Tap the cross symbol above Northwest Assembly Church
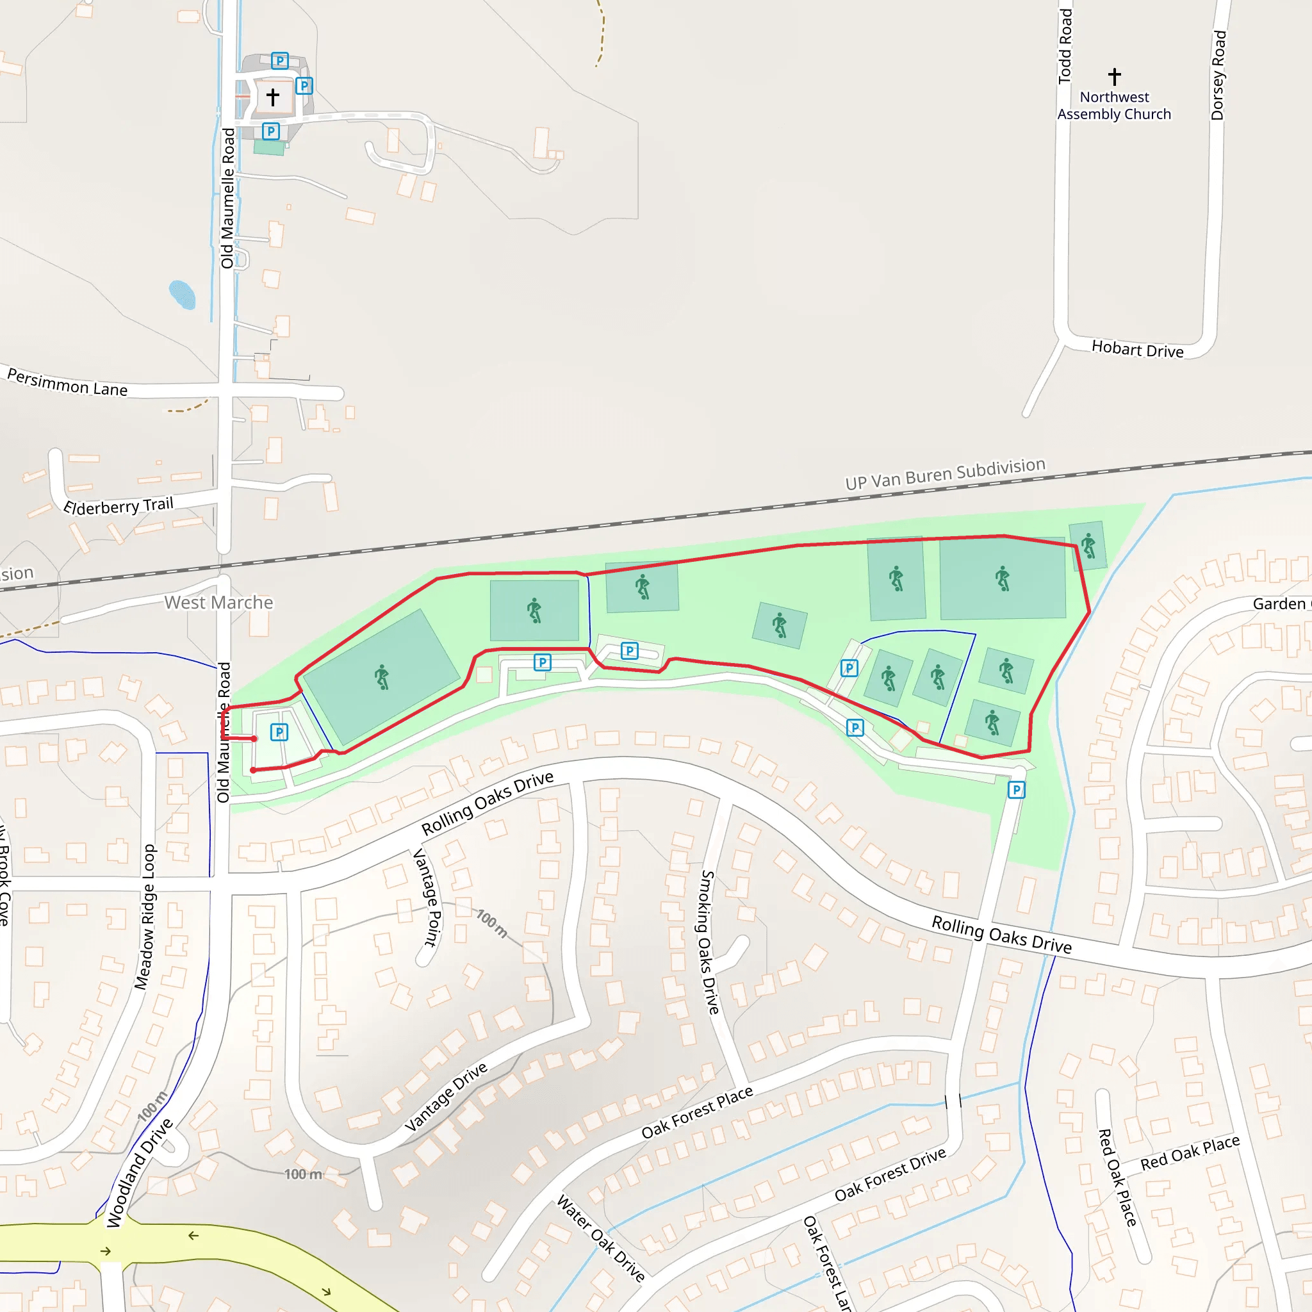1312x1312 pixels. tap(1115, 76)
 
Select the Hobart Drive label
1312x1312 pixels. tap(1137, 349)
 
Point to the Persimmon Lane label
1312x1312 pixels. tap(67, 382)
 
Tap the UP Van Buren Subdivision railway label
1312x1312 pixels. tap(945, 474)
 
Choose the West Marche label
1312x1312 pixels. tap(218, 602)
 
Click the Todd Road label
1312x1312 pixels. tap(1065, 46)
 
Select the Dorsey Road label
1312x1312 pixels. tap(1218, 75)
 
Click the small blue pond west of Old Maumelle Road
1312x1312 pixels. tap(182, 295)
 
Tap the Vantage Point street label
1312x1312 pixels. tap(429, 897)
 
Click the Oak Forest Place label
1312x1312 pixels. tap(697, 1112)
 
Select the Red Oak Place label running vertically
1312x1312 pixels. tap(1117, 1177)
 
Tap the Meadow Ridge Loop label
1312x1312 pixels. tap(145, 917)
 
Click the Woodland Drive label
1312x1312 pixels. tap(139, 1173)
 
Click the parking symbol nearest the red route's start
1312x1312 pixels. tap(279, 732)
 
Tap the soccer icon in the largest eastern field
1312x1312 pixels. tap(1003, 578)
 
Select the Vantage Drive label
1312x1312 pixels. tap(446, 1097)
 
